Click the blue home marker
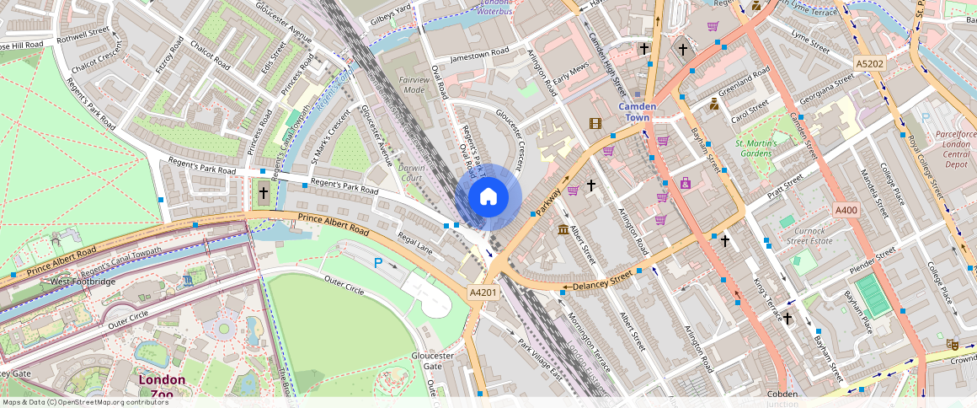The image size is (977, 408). tap(488, 197)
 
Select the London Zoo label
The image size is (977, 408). tap(162, 386)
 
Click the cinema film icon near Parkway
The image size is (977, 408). tap(596, 124)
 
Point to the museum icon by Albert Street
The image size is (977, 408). tap(563, 230)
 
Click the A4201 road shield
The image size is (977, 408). tap(483, 293)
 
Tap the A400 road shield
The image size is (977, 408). tap(846, 209)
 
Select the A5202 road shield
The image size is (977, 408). tap(869, 63)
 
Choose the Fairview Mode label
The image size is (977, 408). tap(414, 84)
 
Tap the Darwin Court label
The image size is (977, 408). tap(412, 173)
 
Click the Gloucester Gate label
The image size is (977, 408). tap(433, 361)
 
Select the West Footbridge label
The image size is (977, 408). tap(83, 281)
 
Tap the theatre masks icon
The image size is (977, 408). tap(952, 344)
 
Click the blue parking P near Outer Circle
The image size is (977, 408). tap(378, 263)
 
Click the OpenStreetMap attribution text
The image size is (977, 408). tap(85, 402)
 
